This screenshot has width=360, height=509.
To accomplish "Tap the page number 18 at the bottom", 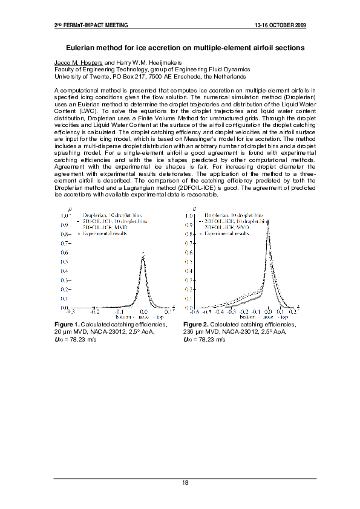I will coord(185,482).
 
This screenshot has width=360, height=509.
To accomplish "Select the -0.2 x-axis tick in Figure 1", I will coord(95,312).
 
